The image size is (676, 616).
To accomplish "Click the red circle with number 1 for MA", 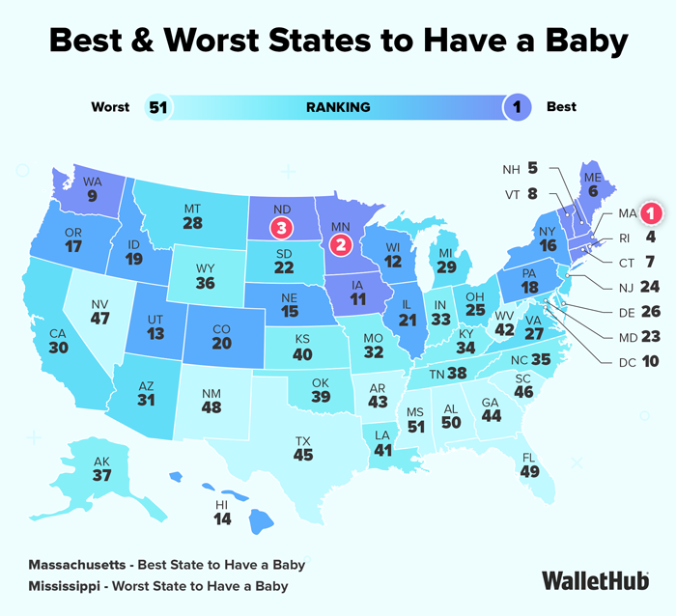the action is [x=651, y=213].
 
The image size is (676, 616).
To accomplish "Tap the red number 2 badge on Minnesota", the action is [x=341, y=245].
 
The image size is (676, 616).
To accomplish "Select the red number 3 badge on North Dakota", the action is [x=282, y=227].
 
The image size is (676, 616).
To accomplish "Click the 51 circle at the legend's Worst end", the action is [x=158, y=107].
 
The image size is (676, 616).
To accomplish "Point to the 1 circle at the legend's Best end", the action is [x=517, y=107].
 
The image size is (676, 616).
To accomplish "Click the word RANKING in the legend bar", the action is [x=338, y=107].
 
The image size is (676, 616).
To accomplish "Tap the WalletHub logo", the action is [x=596, y=580].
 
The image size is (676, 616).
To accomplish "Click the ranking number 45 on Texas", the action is [x=303, y=455].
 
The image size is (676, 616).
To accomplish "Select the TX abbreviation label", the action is [x=303, y=441].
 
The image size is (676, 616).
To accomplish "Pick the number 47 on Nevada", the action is [x=100, y=319].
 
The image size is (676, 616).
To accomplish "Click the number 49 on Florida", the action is [x=530, y=471].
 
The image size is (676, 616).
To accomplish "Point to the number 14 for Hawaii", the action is [x=222, y=519].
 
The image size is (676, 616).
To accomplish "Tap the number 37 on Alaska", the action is [x=101, y=475].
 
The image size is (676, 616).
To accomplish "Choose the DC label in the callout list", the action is [x=628, y=362].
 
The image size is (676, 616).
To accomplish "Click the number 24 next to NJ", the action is [x=650, y=286].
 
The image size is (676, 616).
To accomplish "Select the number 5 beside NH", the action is [x=533, y=168].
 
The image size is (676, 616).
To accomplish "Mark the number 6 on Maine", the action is [x=593, y=191].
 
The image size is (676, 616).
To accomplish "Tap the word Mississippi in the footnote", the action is [x=65, y=586].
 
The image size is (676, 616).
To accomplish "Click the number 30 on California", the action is [x=58, y=348].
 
